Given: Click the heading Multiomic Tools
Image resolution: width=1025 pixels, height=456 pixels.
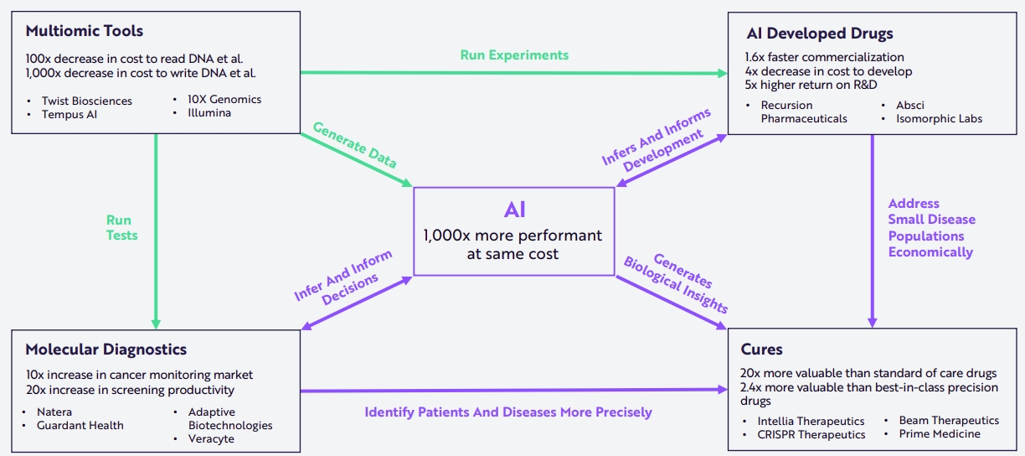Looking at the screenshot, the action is (x=85, y=31).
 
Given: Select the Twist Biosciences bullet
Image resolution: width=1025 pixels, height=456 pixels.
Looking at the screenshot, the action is (x=86, y=101).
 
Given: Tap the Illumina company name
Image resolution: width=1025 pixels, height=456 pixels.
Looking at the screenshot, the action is (x=209, y=112).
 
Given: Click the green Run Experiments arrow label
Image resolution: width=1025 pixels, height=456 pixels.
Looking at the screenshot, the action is (x=514, y=55).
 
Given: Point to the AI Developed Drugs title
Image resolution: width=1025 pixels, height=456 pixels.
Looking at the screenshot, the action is (x=820, y=33).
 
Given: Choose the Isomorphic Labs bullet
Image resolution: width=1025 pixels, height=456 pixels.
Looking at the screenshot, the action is (x=939, y=118).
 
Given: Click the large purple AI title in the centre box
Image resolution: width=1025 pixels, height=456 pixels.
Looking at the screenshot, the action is (x=514, y=210).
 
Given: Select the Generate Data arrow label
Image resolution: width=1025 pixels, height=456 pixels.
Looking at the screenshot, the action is (x=354, y=145).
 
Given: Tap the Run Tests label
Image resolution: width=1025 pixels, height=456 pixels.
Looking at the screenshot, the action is (x=121, y=227).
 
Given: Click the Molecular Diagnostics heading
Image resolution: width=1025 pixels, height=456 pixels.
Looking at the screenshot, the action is (x=106, y=350).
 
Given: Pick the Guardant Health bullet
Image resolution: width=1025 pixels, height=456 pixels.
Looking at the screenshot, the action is (x=80, y=425).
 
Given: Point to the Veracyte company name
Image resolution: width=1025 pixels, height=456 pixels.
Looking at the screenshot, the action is (x=211, y=438).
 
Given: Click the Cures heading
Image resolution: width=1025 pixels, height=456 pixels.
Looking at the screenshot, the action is (x=761, y=350).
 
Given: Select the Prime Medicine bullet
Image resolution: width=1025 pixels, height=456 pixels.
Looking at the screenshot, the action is (x=940, y=433).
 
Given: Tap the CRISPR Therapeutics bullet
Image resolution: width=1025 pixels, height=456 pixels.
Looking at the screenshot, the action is (x=811, y=434).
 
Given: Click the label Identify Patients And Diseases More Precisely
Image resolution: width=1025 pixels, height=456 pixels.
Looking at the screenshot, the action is (x=508, y=412).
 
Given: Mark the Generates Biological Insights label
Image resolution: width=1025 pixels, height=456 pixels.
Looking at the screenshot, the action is (x=676, y=284).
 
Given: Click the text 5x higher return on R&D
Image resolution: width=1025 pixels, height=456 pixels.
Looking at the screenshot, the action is (x=811, y=85).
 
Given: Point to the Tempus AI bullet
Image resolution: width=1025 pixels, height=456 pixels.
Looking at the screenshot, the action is (x=70, y=115).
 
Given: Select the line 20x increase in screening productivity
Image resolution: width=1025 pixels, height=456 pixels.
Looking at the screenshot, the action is (x=130, y=390).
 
